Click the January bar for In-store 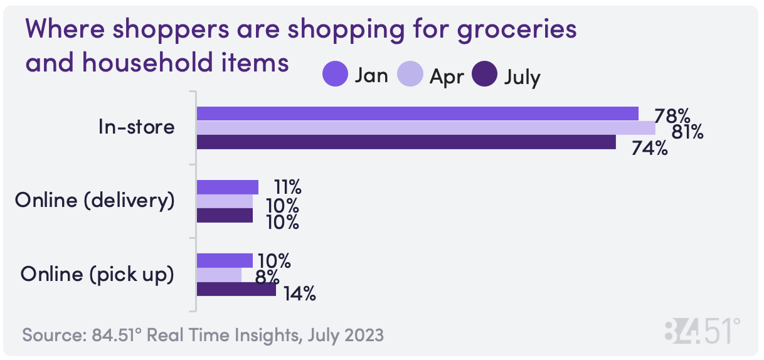click(x=417, y=114)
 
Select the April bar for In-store click(x=426, y=128)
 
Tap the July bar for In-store click(x=406, y=142)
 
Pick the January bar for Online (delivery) click(x=228, y=187)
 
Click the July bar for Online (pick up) click(x=236, y=290)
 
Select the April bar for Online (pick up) click(x=219, y=275)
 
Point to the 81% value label click(x=687, y=132)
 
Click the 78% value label click(x=672, y=116)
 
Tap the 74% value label click(x=649, y=149)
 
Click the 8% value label click(x=268, y=277)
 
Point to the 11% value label click(x=287, y=187)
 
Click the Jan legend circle click(x=335, y=75)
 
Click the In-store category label click(x=136, y=127)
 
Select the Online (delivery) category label click(x=95, y=201)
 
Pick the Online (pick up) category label click(x=97, y=274)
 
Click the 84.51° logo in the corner click(x=702, y=331)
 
